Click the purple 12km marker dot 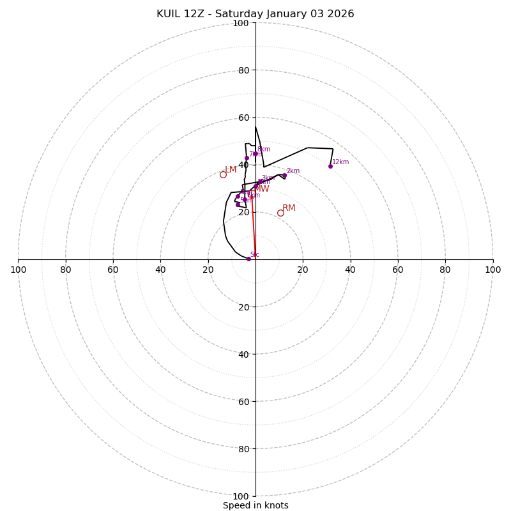coord(330,166)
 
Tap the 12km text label coord(340,162)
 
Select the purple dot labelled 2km coord(284,176)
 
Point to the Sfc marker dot coord(248,259)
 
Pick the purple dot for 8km coord(256,153)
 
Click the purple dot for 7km coord(247,158)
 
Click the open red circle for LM coord(223,174)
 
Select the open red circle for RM coord(280,213)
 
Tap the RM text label coord(289,208)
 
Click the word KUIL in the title coord(169,14)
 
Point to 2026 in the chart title coord(341,14)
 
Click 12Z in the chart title coord(195,14)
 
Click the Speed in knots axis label coord(256,505)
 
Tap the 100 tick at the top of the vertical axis coord(241,23)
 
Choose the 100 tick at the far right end coord(492,270)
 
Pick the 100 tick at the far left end coord(19,270)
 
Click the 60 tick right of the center coord(397,270)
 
